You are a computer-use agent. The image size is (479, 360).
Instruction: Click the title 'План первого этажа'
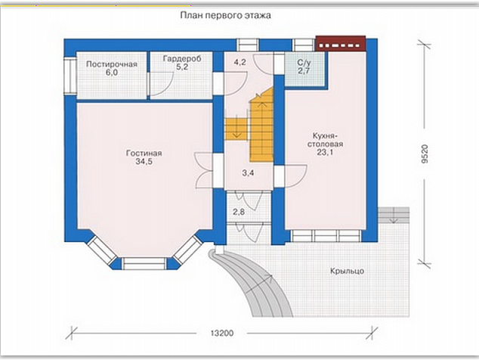(x=225, y=15)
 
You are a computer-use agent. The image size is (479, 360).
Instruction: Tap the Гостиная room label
(x=144, y=153)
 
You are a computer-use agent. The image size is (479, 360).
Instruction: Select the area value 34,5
(x=144, y=162)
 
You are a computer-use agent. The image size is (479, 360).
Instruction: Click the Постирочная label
(x=112, y=64)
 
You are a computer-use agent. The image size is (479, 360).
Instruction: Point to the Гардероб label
(x=182, y=58)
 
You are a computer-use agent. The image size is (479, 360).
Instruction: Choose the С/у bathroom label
(x=304, y=63)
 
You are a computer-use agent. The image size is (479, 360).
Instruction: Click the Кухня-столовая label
(x=325, y=140)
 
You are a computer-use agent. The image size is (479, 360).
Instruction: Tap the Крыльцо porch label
(x=348, y=271)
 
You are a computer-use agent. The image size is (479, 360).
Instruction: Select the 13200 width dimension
(x=222, y=333)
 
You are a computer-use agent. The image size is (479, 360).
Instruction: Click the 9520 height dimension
(x=425, y=154)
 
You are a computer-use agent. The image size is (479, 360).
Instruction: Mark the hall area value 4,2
(x=239, y=62)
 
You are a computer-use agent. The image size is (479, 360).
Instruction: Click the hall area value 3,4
(x=248, y=173)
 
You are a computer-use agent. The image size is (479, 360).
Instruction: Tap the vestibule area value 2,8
(x=239, y=212)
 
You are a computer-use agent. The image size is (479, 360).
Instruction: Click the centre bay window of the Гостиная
(x=144, y=264)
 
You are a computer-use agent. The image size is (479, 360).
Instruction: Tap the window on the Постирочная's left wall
(x=70, y=75)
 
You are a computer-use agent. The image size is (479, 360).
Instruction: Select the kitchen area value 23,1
(x=325, y=152)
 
